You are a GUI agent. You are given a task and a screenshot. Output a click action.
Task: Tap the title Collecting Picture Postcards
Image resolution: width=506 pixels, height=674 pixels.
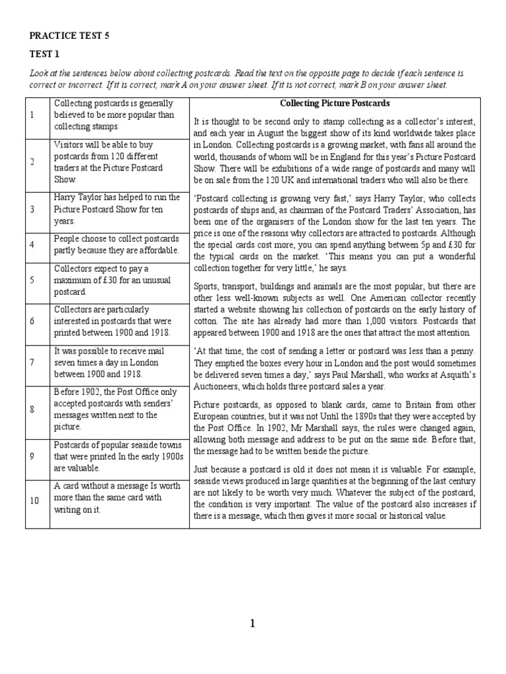pos(335,103)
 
